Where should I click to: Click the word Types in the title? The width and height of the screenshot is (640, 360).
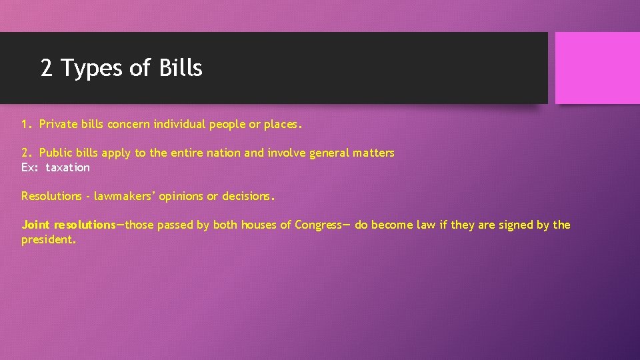99,68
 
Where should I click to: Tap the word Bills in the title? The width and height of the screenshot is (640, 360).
181,67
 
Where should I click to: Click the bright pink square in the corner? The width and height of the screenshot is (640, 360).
597,68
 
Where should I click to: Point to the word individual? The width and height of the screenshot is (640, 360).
179,124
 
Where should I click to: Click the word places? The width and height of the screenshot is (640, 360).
283,124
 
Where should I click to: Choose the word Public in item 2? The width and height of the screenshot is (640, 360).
56,153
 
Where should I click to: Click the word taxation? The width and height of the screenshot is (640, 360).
67,167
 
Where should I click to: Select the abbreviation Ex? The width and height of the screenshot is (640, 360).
30,167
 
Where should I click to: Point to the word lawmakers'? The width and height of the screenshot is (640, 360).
123,196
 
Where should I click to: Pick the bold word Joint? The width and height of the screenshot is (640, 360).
36,225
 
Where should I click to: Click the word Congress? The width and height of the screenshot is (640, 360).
317,225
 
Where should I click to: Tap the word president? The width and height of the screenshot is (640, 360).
48,239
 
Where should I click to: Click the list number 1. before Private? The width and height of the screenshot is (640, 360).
27,124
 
